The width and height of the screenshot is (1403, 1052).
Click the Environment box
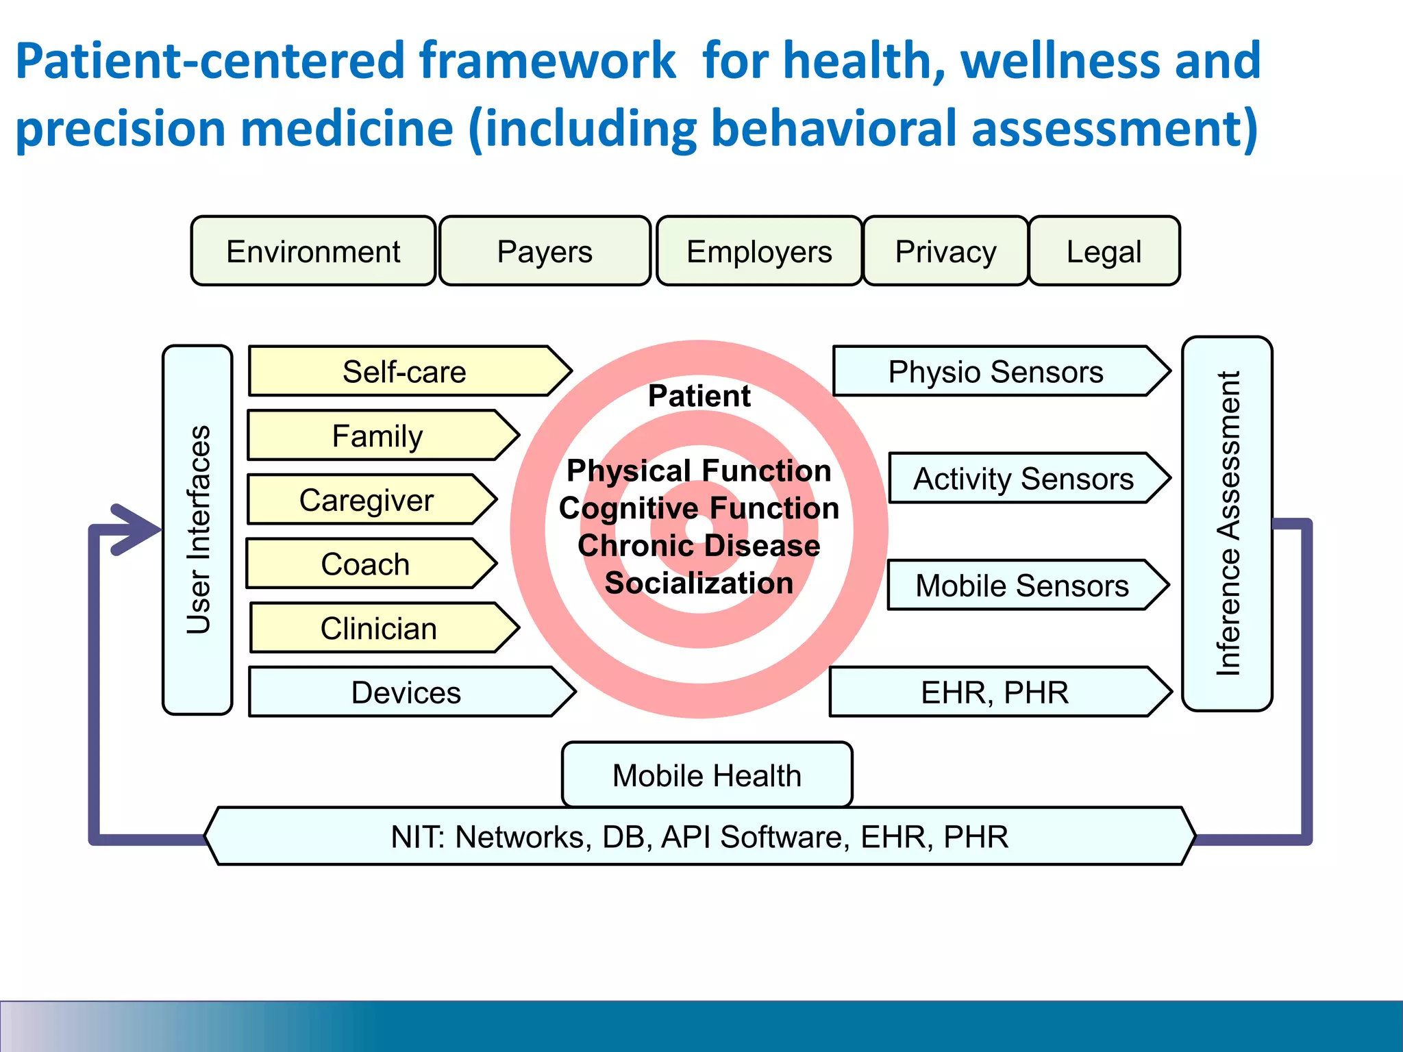313,251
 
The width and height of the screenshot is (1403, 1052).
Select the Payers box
545,251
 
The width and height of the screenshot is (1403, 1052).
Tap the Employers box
759,251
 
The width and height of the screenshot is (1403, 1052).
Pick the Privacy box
945,251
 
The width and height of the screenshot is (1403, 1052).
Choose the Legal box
1104,251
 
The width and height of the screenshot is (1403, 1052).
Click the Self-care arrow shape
404,372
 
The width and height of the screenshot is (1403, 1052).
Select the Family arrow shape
377,436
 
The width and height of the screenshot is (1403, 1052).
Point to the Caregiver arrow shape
367,500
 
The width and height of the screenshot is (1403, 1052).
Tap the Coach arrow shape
365,564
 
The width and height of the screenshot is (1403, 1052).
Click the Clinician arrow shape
378,628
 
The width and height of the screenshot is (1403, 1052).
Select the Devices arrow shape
406,692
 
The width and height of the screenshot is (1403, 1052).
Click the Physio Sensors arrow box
995,372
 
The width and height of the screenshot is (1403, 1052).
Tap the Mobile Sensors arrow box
1021,586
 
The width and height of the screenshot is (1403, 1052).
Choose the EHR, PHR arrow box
994,692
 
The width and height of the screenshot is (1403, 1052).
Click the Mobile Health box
706,775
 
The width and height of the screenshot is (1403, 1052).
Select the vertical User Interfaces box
197,529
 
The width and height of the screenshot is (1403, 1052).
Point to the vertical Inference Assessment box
1227,524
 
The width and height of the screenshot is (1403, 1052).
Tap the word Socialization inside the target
699,583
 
